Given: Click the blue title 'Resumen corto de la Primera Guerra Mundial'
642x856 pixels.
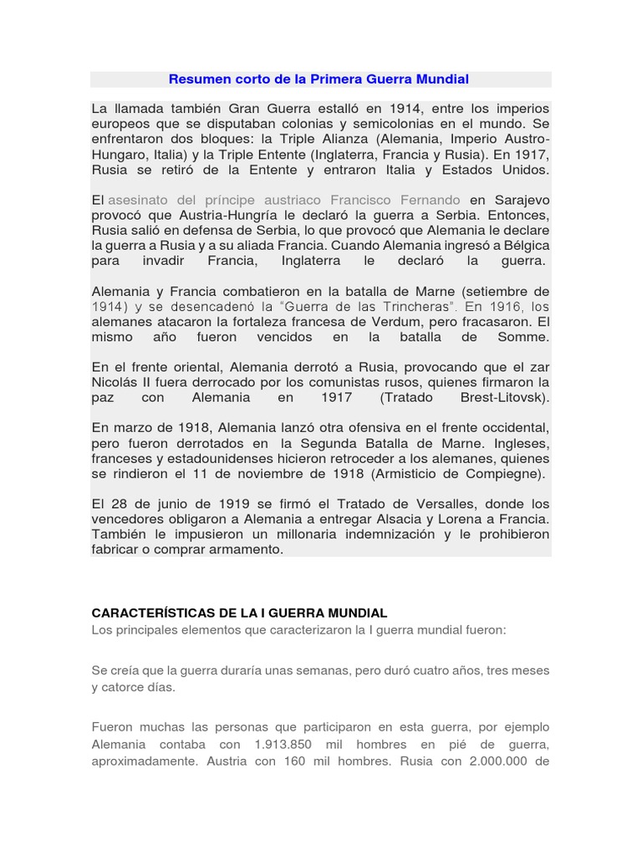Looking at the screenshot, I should click(318, 79).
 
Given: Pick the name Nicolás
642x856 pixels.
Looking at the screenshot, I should click(115, 383).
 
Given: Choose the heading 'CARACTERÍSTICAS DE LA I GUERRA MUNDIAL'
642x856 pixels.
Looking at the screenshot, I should click(239, 614).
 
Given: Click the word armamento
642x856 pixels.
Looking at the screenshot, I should click(247, 549).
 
